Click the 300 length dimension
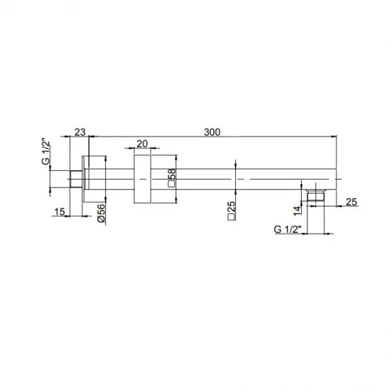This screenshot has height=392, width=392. [x=212, y=132]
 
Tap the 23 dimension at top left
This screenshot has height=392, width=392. [x=80, y=132]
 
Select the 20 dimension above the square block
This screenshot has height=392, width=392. [x=142, y=143]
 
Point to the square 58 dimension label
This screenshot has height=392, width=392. [x=172, y=178]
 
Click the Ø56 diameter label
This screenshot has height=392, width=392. [x=101, y=213]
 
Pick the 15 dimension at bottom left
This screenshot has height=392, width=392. [x=60, y=212]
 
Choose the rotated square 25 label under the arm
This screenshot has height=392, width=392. [x=231, y=211]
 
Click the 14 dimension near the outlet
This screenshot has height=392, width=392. [x=297, y=211]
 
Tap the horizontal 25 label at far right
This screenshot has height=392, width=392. [x=351, y=201]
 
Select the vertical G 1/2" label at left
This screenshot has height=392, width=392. [x=45, y=153]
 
